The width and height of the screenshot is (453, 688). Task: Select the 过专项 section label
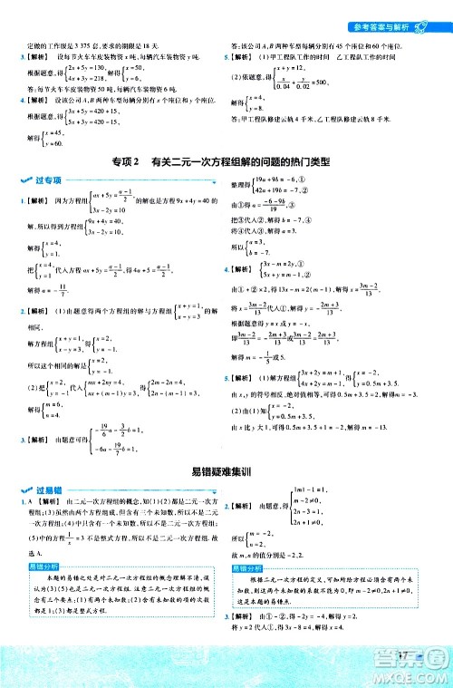[x=41, y=184]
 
